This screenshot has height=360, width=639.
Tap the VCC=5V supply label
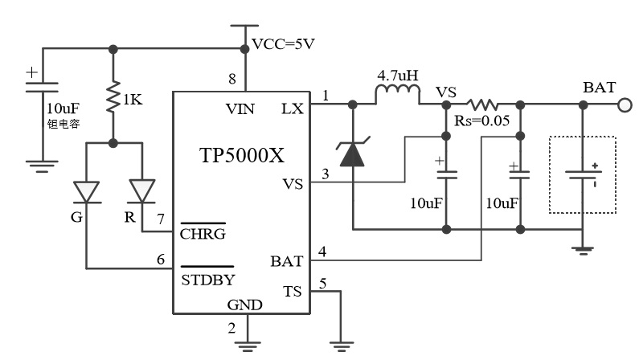click(284, 44)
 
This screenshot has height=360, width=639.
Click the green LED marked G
click(85, 191)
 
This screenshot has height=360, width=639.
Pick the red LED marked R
click(141, 191)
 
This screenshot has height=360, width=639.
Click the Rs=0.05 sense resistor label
click(482, 121)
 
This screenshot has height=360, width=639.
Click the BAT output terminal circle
click(624, 104)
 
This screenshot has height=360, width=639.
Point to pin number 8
click(232, 79)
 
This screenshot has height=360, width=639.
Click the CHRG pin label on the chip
click(203, 234)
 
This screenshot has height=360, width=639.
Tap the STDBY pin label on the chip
click(207, 280)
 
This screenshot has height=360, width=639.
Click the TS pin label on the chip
click(293, 292)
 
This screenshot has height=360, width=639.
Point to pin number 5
click(323, 282)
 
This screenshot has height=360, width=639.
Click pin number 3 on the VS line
click(324, 174)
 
